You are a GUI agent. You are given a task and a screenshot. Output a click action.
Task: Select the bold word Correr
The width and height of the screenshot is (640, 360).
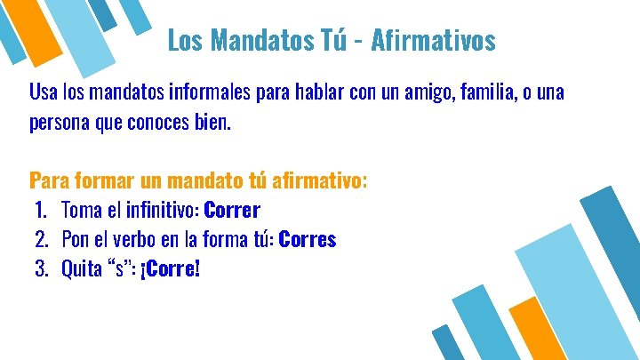tap(232, 211)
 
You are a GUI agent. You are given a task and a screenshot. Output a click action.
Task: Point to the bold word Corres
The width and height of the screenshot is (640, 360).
tap(308, 240)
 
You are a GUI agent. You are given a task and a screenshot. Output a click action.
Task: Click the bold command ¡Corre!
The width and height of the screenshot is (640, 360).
tap(171, 268)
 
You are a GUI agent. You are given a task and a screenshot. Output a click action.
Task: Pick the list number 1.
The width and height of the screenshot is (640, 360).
tap(40, 211)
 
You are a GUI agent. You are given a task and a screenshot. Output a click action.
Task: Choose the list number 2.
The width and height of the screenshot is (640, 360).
tap(40, 240)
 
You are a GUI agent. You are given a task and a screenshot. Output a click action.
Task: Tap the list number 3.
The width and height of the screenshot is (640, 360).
tap(40, 268)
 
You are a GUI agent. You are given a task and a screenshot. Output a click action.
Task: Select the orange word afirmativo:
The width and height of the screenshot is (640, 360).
tap(318, 181)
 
